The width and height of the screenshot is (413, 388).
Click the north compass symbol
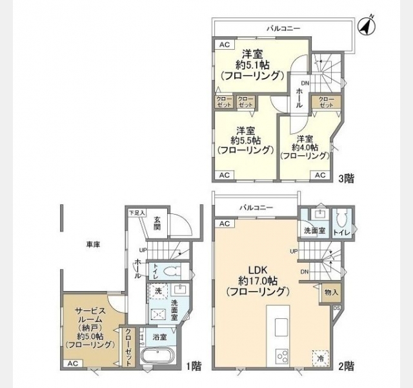pyautogui.click(x=367, y=26)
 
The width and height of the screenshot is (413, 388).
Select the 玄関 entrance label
pyautogui.click(x=157, y=223)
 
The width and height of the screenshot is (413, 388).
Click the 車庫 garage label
pyautogui.click(x=93, y=244)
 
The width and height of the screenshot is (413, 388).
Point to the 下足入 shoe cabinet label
pyautogui.click(x=137, y=213)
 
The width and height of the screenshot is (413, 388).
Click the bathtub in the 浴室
pyautogui.click(x=157, y=356)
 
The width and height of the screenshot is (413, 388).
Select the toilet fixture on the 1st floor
pyautogui.click(x=172, y=271)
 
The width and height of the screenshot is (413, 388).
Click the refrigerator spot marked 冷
pyautogui.click(x=321, y=358)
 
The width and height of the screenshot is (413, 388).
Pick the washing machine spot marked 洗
pyautogui.click(x=158, y=291)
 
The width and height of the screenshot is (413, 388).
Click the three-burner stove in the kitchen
pyautogui.click(x=282, y=356)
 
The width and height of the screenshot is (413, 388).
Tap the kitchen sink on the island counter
pyautogui.click(x=282, y=327)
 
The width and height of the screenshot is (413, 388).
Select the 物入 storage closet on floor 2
pyautogui.click(x=331, y=292)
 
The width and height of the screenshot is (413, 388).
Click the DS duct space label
pyautogui.click(x=336, y=308)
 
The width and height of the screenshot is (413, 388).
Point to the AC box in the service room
pyautogui.click(x=73, y=363)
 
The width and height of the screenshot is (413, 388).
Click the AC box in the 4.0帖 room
pyautogui.click(x=320, y=175)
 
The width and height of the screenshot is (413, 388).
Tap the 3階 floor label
pyautogui.click(x=346, y=178)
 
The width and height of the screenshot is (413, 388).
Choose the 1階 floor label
pyautogui.click(x=194, y=366)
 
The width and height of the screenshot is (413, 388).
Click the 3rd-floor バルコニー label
pyautogui.click(x=284, y=28)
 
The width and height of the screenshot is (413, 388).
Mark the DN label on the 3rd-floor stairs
pyautogui.click(x=305, y=83)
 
